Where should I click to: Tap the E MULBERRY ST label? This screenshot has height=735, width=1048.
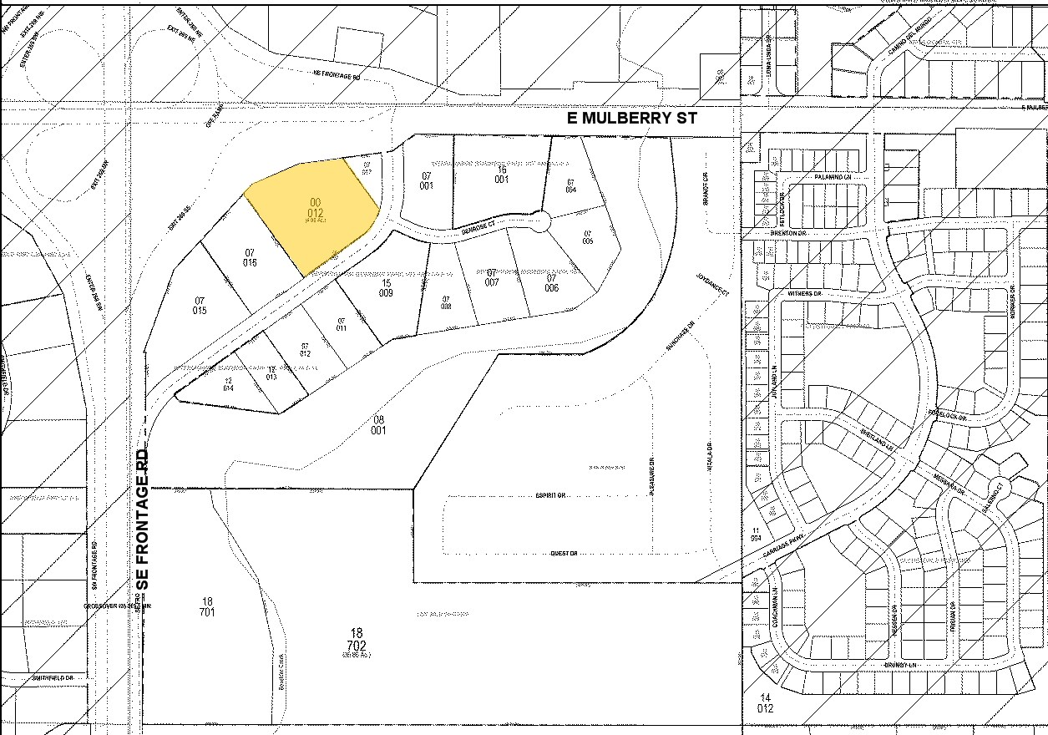click(631, 119)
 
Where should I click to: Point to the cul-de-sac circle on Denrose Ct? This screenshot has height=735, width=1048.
click(539, 221)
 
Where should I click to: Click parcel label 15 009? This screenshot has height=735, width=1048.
click(386, 288)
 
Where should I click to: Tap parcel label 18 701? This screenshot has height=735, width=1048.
click(208, 606)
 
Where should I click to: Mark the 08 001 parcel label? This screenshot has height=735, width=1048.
click(378, 424)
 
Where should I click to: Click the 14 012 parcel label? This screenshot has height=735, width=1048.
click(765, 702)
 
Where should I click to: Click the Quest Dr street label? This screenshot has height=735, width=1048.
click(564, 554)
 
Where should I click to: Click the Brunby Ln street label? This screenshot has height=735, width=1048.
click(901, 665)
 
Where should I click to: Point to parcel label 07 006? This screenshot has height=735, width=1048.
click(551, 282)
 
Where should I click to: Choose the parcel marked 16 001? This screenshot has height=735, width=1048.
click(502, 173)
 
